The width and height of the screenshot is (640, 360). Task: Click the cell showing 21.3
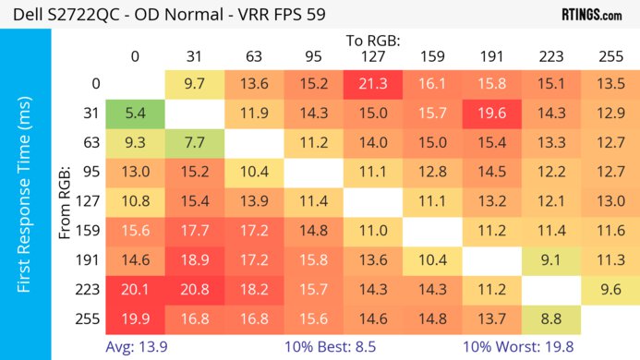[x=370, y=84]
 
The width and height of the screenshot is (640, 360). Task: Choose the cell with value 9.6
[x=608, y=289]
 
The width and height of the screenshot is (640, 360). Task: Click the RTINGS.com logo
[x=591, y=15]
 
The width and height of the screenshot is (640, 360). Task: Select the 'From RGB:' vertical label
[x=66, y=202]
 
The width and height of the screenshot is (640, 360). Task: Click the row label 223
[x=90, y=289]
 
